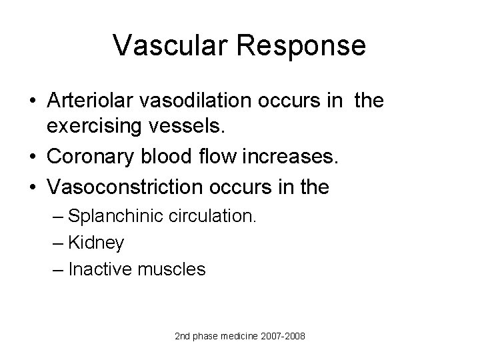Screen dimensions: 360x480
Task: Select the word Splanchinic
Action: pos(113,218)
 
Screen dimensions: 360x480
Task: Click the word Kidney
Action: pos(96,244)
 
